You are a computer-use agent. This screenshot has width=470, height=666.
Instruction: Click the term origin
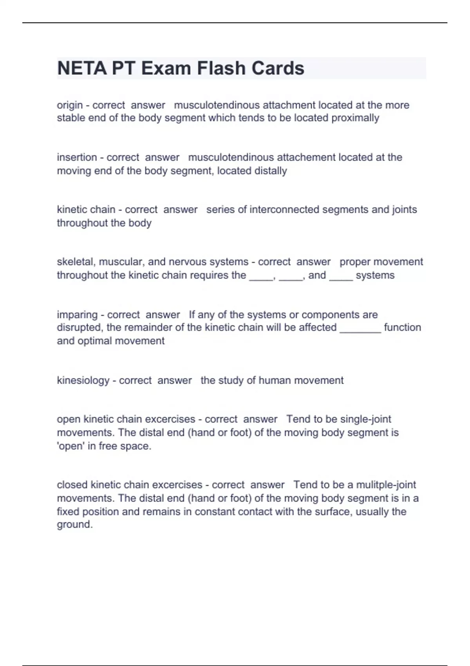pos(70,105)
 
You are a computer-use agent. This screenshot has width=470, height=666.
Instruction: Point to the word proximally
pos(355,118)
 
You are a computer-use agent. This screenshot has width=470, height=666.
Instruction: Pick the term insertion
pos(77,157)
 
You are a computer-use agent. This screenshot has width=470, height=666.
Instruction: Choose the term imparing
pos(77,315)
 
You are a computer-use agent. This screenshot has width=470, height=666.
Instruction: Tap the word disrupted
pos(80,328)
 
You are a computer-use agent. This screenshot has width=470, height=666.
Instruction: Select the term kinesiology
pos(83,380)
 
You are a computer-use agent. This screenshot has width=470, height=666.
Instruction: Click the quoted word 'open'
pos(71,446)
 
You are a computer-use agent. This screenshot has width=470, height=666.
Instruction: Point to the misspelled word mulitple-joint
pos(386,485)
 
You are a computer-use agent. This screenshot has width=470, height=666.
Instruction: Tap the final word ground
pos(74,525)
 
